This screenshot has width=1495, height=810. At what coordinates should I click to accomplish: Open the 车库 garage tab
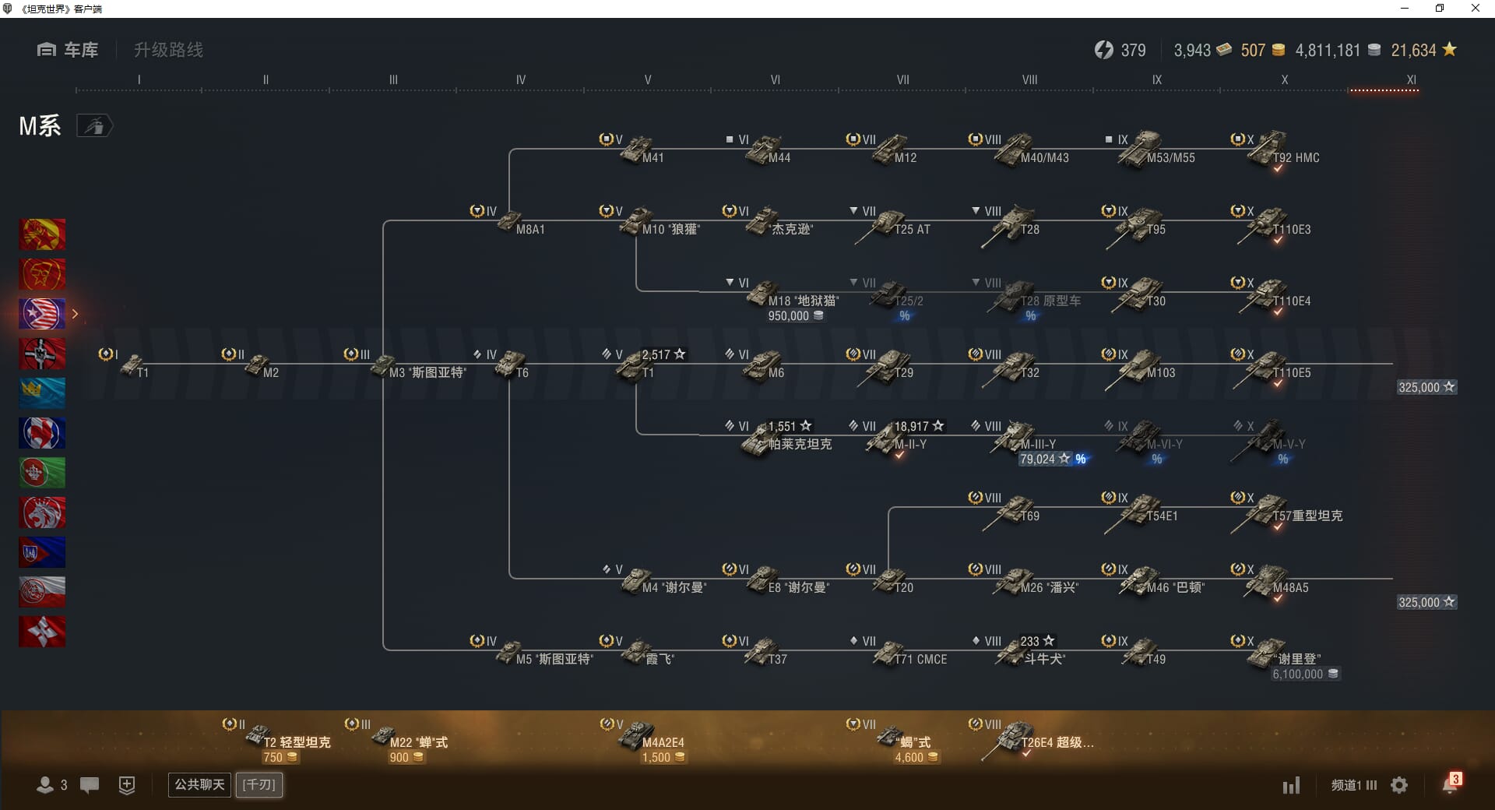click(x=69, y=50)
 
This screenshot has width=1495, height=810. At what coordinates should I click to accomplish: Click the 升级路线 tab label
click(x=168, y=50)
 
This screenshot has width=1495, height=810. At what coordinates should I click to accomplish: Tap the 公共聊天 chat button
click(x=199, y=784)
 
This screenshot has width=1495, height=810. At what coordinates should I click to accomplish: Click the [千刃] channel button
click(x=259, y=784)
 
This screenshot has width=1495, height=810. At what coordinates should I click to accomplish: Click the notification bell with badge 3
click(x=1450, y=784)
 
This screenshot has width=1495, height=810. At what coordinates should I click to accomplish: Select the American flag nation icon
click(x=42, y=314)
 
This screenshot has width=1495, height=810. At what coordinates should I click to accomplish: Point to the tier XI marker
click(x=1411, y=79)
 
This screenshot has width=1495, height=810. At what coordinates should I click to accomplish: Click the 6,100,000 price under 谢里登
click(x=1298, y=674)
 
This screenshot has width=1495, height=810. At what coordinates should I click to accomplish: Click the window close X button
click(x=1475, y=9)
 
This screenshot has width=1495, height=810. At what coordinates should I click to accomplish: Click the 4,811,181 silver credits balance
click(x=1328, y=51)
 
